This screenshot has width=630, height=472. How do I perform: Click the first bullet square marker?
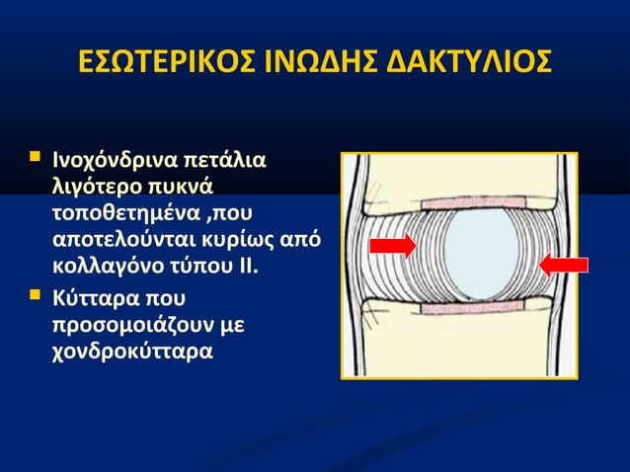click(37, 157)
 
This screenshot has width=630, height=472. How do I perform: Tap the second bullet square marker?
click(37, 293)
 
